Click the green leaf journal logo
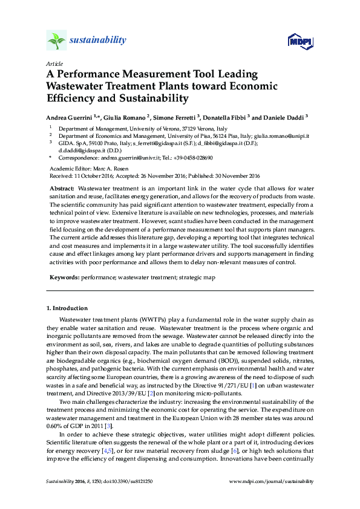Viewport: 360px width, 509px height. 56,41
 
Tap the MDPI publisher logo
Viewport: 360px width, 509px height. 300,42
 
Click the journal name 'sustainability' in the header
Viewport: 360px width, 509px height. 98,41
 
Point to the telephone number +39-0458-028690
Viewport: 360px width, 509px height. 192,158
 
